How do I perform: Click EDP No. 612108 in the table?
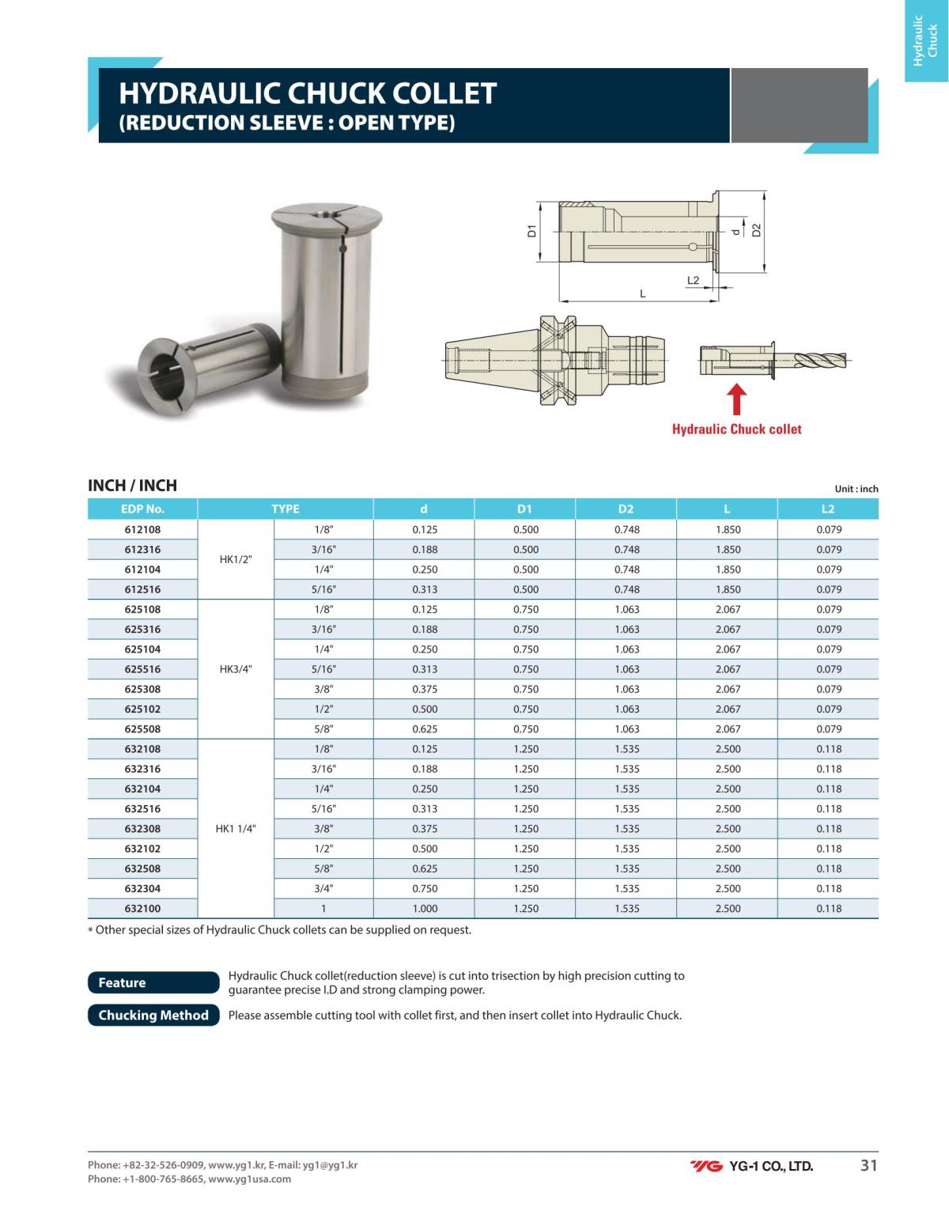click(142, 530)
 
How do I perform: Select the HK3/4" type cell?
click(236, 669)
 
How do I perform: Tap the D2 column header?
click(626, 509)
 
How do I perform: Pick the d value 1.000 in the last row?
click(425, 909)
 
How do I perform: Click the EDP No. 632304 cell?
click(142, 889)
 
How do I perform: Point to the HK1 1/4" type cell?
click(236, 829)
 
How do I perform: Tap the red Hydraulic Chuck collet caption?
click(736, 429)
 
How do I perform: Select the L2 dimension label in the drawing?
click(694, 281)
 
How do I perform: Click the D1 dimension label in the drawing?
click(532, 231)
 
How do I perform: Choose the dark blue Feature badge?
click(153, 982)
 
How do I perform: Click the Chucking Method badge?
click(153, 1016)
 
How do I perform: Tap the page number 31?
click(868, 1165)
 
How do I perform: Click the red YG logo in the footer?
click(706, 1166)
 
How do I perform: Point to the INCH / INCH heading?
click(132, 486)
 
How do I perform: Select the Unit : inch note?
click(856, 489)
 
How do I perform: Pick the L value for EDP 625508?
click(728, 729)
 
